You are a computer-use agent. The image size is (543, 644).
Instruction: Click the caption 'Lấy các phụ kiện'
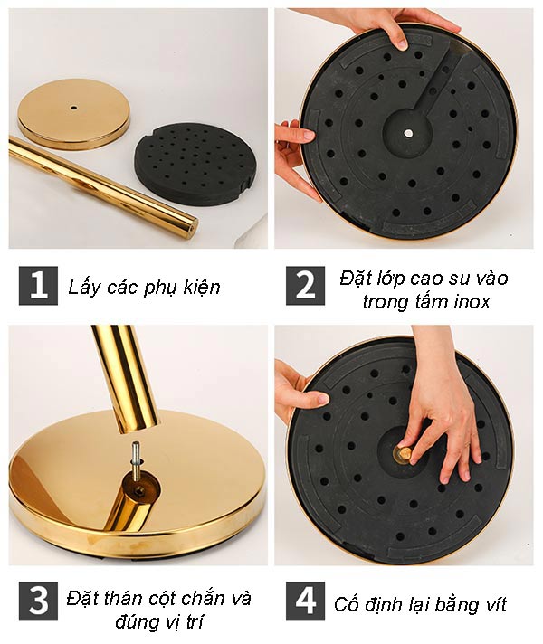[144, 288]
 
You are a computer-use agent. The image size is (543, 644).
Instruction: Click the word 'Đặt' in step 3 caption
[84, 598]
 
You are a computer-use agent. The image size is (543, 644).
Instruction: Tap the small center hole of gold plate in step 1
[73, 107]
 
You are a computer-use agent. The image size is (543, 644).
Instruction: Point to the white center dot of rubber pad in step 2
[408, 133]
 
